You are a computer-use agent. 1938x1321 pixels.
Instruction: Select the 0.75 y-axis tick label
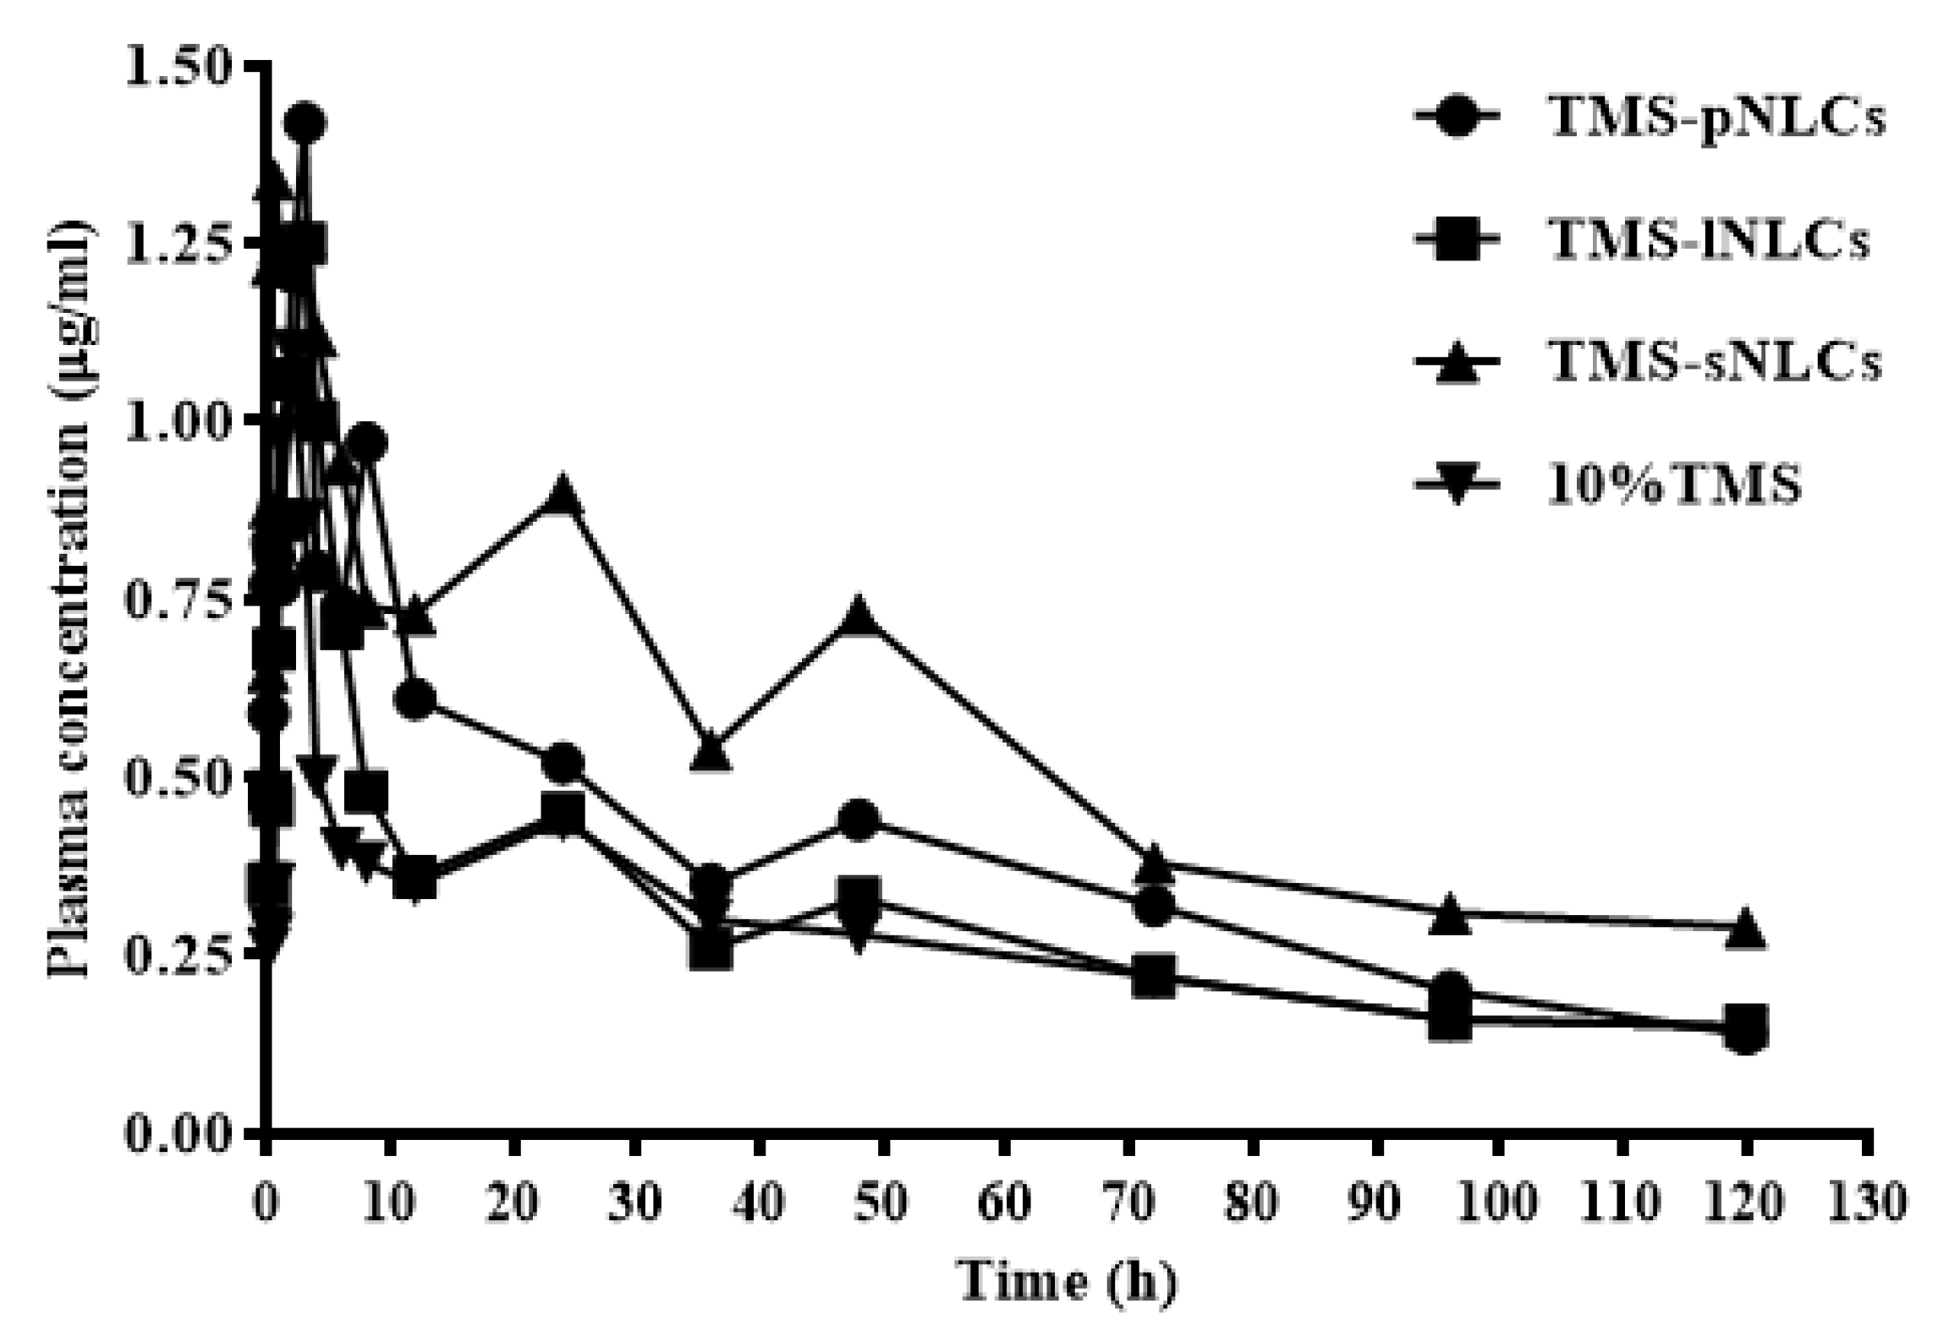click(x=178, y=597)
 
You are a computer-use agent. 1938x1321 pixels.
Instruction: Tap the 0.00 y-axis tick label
click(x=178, y=1132)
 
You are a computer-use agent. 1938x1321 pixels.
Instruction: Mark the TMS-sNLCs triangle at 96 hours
click(x=1450, y=912)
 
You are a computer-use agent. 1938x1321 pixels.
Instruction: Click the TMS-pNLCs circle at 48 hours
click(x=859, y=819)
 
